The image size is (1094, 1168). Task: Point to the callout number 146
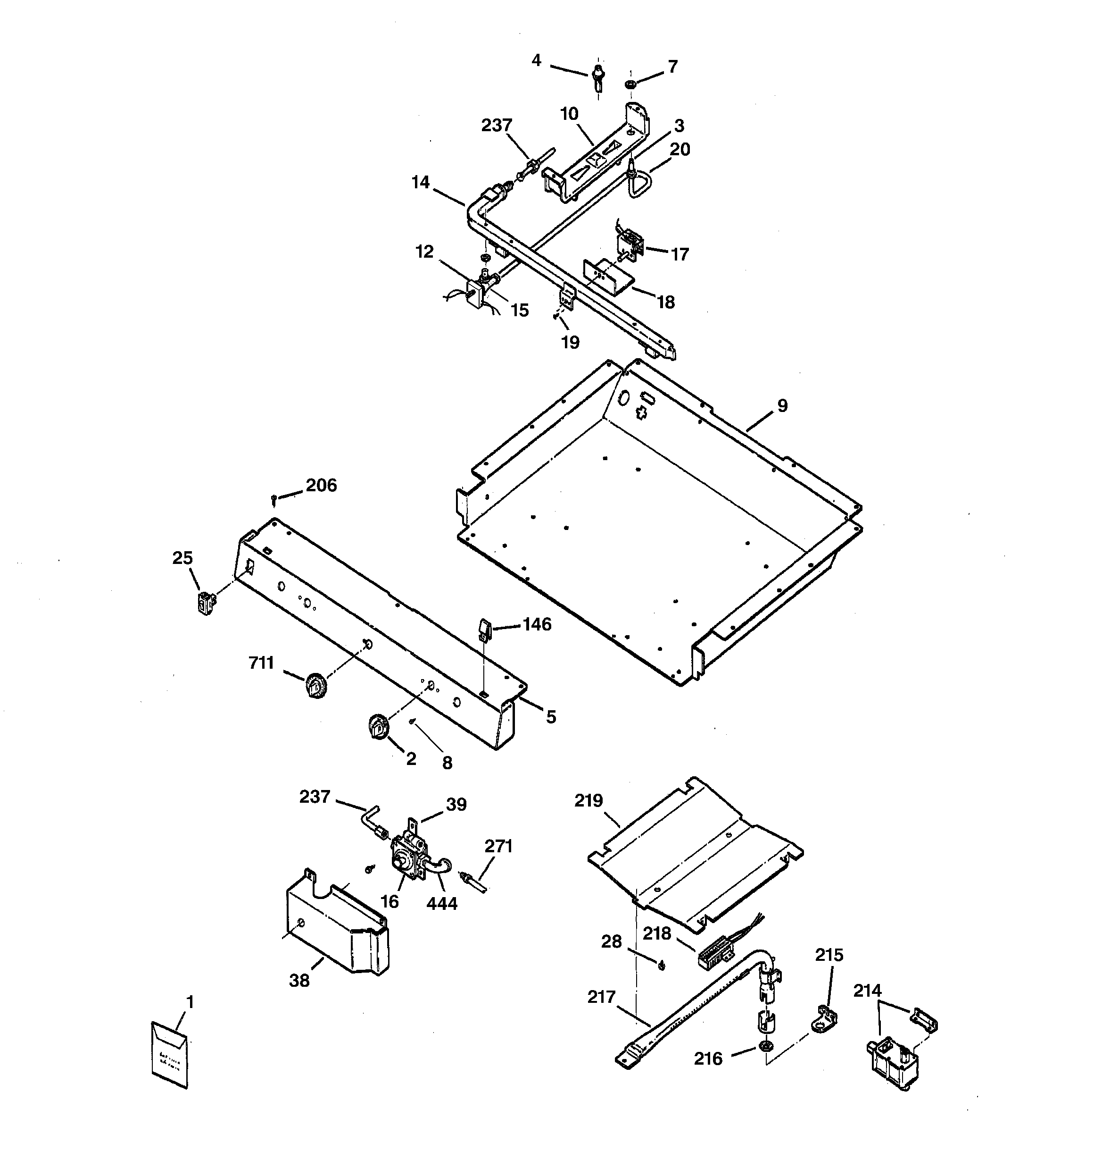click(x=537, y=624)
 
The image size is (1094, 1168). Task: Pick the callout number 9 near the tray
click(x=782, y=405)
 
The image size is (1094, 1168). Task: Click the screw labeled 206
click(x=273, y=500)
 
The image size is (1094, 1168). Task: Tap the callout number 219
click(x=589, y=800)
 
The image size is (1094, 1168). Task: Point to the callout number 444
click(x=441, y=903)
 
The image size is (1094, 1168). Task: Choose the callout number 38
click(x=299, y=980)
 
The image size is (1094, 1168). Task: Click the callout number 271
click(x=498, y=846)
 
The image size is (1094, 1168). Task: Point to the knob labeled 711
click(x=316, y=686)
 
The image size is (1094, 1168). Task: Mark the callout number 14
click(x=421, y=183)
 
